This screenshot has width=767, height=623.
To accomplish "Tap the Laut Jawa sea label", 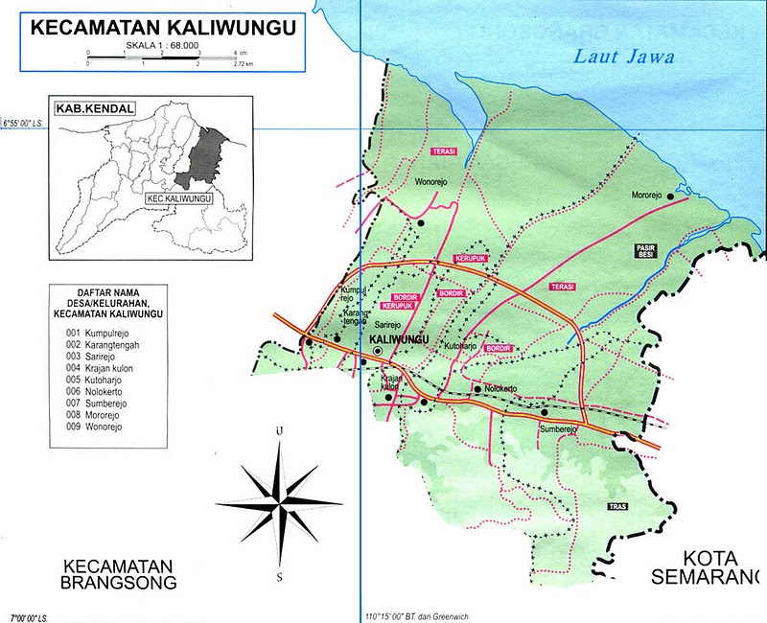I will point(623,57).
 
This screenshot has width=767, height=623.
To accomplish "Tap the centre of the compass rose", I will point(279,500).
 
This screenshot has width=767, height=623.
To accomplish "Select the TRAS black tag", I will point(617,506).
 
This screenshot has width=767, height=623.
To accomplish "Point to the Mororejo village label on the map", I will point(647,196).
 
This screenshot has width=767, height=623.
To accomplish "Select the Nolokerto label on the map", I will point(501,388).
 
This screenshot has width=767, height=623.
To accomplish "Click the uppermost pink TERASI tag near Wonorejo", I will point(443,151).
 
